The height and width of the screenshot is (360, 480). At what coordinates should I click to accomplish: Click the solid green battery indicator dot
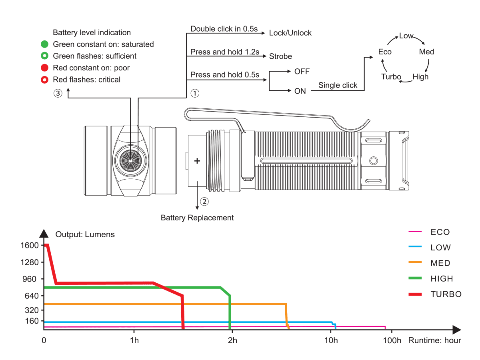45,44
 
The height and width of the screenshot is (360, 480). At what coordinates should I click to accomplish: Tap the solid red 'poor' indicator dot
45,68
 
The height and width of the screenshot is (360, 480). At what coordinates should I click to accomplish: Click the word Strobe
280,56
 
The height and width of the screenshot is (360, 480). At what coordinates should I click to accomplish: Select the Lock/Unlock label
290,33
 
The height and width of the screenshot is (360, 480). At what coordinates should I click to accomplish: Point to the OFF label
302,72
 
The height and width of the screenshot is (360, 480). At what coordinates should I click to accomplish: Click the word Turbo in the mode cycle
391,77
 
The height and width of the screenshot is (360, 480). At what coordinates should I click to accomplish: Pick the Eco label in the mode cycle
385,52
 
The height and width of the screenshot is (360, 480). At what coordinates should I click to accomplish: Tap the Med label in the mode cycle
426,52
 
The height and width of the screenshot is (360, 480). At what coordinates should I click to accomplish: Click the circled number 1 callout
194,93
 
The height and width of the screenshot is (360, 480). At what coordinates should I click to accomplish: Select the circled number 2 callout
204,202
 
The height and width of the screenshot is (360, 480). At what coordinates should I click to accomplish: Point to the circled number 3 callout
58,93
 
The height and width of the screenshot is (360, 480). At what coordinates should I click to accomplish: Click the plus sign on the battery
197,161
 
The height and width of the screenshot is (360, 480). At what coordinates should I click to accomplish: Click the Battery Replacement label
197,218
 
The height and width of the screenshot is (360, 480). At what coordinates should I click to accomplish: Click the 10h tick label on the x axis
331,340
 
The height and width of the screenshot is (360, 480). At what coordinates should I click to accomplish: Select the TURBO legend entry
446,294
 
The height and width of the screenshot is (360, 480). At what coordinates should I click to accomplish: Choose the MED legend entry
440,263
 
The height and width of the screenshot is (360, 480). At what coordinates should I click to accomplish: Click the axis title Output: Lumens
85,234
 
